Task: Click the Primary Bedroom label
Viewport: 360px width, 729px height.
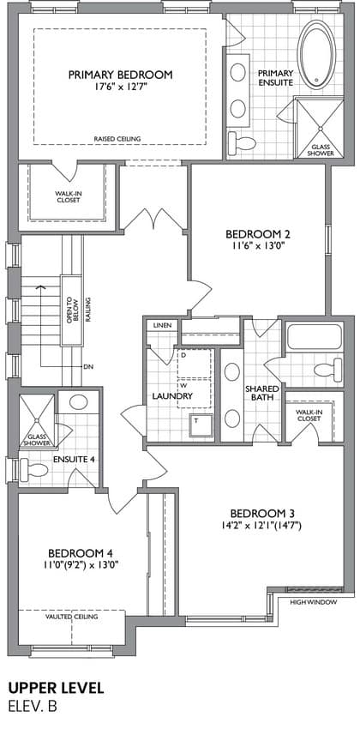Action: [120, 75]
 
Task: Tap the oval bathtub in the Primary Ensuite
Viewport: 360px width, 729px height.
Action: [317, 54]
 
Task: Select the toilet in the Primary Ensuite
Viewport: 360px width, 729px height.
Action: [242, 143]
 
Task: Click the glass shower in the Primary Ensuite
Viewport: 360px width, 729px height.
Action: [320, 129]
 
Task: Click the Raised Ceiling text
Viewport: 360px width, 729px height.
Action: [117, 139]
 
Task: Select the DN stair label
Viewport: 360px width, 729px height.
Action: [88, 366]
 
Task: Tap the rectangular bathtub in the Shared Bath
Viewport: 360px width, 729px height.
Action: [315, 336]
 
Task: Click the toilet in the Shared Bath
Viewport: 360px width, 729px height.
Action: [327, 371]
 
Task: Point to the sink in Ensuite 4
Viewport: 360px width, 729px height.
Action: [77, 402]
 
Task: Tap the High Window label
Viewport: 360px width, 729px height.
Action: [313, 602]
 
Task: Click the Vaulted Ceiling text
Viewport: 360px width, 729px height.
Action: [71, 617]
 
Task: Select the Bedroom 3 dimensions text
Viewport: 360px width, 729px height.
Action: [262, 527]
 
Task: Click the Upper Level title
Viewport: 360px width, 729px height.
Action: [56, 688]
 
